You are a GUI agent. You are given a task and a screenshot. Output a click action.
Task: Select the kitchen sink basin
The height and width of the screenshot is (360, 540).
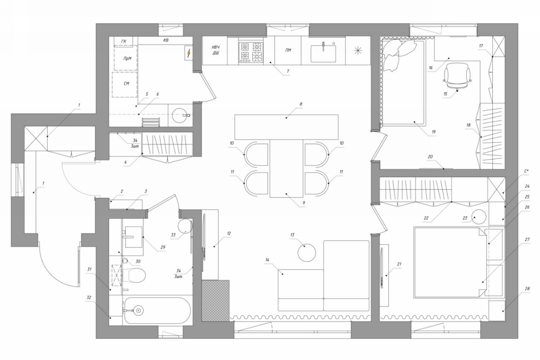323,54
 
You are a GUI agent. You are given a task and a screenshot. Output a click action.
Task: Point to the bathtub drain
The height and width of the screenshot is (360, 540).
139,311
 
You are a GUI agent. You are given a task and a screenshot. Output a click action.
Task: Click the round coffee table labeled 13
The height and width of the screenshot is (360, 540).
307,253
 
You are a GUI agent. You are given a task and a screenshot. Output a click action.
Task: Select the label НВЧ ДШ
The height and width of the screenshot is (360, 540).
216,50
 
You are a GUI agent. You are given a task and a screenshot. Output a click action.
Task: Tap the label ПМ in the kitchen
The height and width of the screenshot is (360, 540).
288,50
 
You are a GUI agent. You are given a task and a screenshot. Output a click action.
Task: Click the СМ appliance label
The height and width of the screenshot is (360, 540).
126,83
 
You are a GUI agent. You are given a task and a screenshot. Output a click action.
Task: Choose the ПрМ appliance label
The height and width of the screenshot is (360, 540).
127,58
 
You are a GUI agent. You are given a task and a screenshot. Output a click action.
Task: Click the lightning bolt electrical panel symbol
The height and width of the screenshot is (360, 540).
189,53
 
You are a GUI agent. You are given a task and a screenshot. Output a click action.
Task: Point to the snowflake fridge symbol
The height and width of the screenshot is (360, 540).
358,50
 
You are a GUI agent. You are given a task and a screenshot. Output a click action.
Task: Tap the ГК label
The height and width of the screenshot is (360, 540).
124,41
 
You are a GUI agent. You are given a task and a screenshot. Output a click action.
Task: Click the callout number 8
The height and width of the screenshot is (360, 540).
301,104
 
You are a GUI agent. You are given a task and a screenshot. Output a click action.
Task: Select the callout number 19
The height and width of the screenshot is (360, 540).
434,132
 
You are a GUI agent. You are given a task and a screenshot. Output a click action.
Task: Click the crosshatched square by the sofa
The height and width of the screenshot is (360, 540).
216,301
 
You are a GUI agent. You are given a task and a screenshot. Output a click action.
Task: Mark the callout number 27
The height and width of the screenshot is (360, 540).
527,239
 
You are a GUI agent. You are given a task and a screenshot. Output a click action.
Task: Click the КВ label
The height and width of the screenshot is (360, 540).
166,40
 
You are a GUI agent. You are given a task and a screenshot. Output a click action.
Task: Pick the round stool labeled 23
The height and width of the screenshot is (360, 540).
479,217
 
